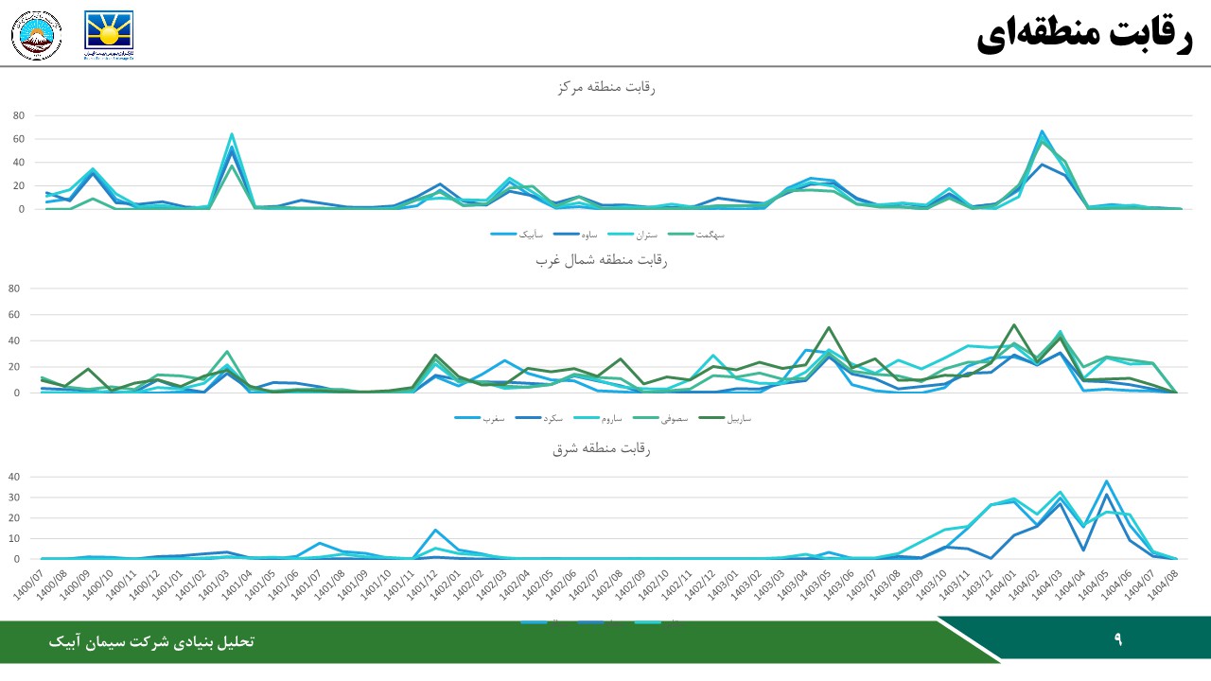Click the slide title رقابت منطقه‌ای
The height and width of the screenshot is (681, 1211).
tap(1084, 35)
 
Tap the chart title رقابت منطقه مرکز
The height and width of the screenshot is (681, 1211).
tap(606, 87)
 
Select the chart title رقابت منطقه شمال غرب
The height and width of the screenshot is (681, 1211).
tap(602, 260)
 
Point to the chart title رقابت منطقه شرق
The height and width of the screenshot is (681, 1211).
tap(602, 448)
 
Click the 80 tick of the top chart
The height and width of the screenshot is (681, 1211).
tap(18, 115)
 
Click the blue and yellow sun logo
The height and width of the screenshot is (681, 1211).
tap(109, 35)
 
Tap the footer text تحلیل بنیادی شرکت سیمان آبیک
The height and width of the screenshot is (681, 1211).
tap(151, 641)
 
